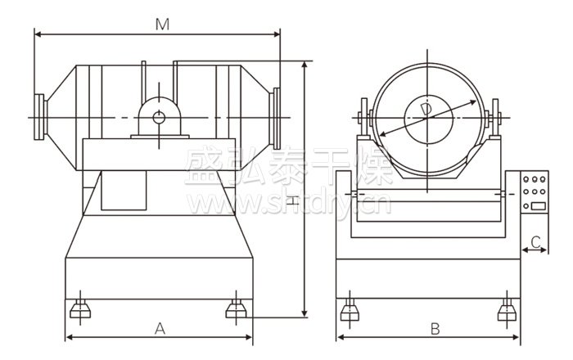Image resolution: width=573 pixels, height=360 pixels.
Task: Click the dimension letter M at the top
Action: [162, 25]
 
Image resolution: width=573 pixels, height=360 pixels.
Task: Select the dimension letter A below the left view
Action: [160, 329]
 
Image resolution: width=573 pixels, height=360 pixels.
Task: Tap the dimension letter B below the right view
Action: [435, 329]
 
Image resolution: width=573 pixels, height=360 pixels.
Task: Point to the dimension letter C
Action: [535, 241]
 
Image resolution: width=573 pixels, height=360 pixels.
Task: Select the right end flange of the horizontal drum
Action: [277, 114]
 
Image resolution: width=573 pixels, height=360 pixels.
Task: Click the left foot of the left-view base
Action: [79, 308]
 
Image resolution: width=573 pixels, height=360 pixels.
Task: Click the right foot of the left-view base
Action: [235, 308]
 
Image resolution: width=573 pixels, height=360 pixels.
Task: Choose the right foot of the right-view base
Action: [507, 309]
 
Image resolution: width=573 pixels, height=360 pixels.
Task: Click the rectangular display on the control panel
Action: [538, 205]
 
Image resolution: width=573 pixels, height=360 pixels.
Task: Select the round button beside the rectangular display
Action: [525, 205]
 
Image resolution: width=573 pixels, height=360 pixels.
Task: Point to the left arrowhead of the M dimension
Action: [38, 34]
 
